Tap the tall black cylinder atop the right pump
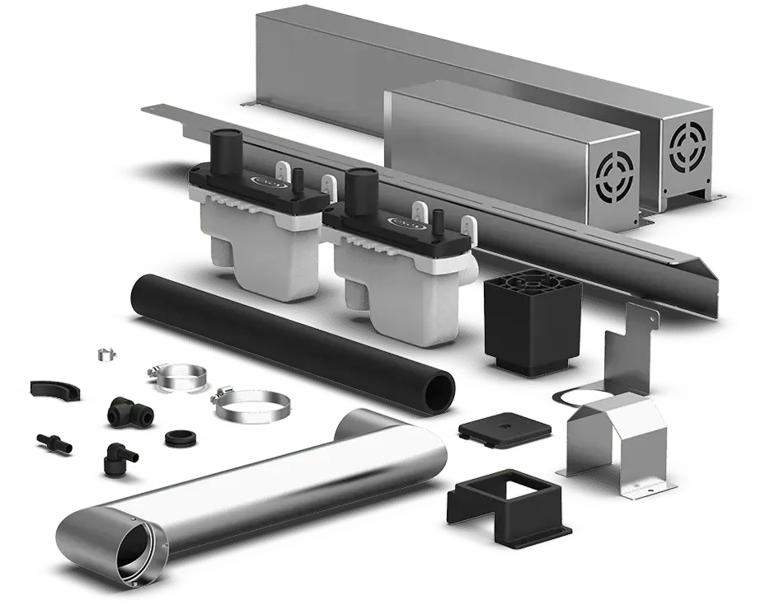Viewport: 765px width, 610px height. click(360, 185)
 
